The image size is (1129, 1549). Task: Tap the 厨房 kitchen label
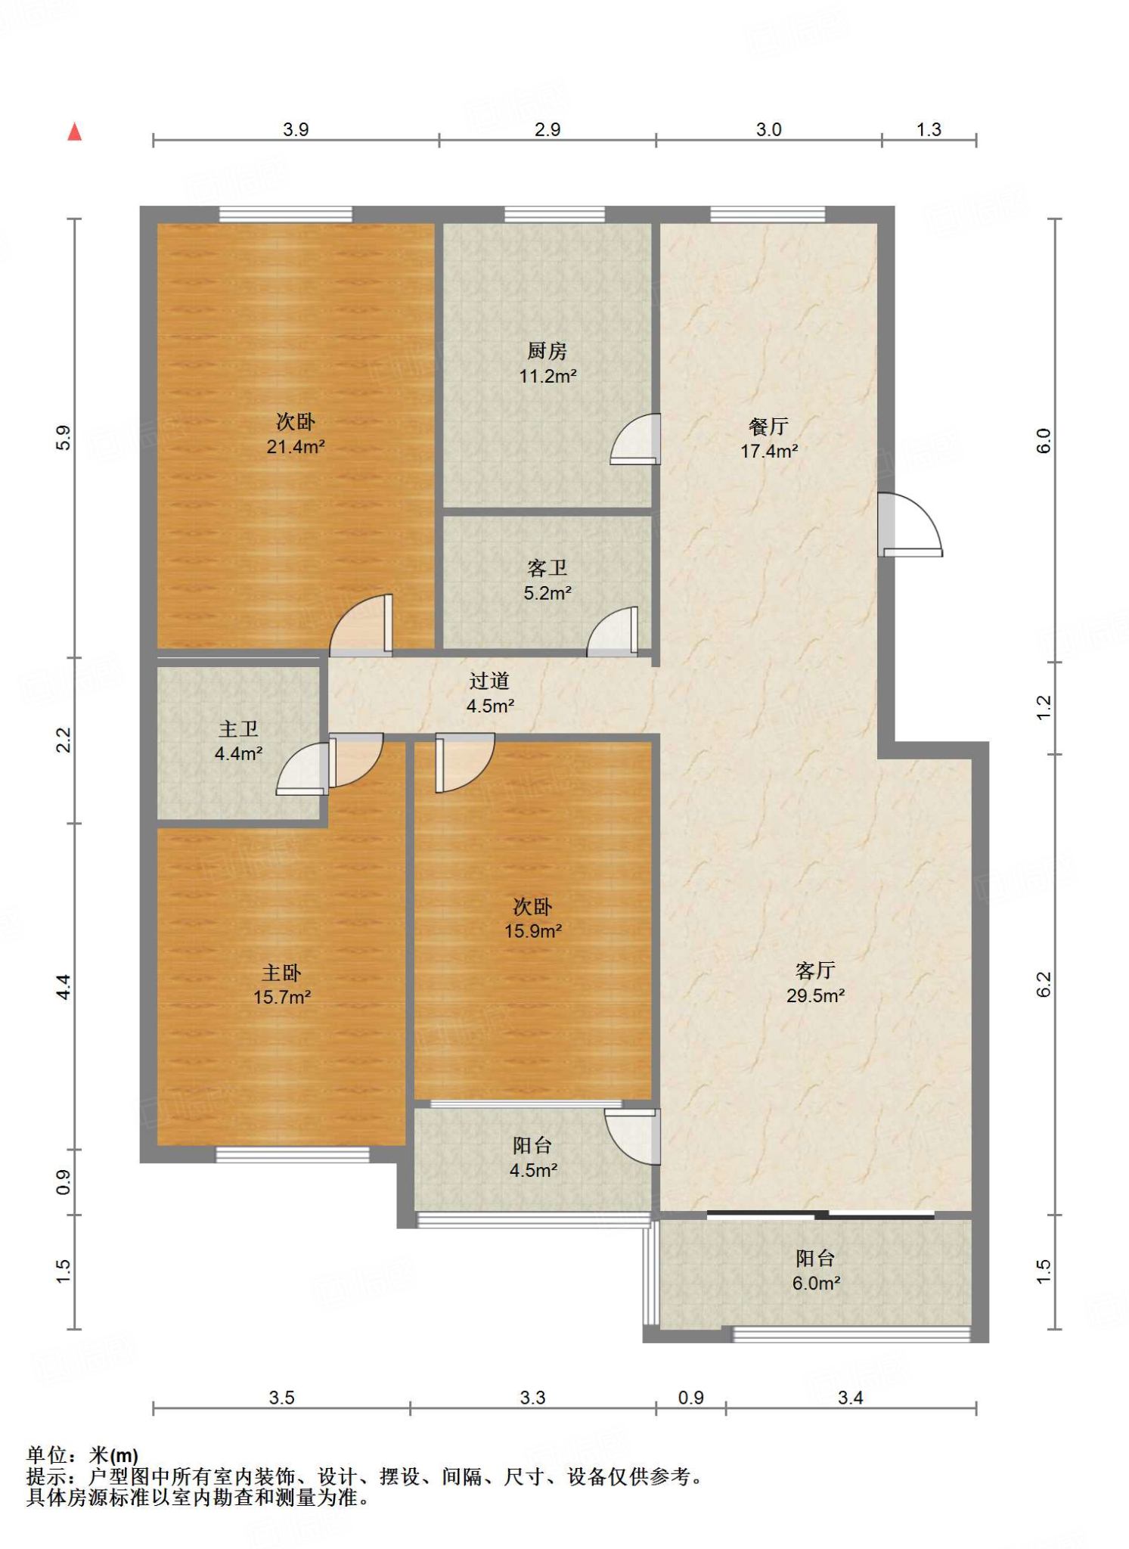tap(547, 351)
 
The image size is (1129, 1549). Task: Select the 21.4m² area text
tap(296, 446)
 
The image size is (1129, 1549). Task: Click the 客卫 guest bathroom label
tap(547, 568)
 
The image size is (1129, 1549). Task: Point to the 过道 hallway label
tap(489, 681)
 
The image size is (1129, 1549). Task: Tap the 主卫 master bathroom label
tap(238, 729)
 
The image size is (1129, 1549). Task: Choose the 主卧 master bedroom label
tap(281, 973)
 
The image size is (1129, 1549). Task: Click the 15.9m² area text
tap(533, 931)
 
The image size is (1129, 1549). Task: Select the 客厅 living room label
tap(815, 970)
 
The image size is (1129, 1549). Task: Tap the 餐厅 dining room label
tap(768, 427)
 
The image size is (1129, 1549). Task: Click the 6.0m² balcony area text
tap(817, 1283)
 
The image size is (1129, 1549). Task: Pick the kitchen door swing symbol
tap(635, 439)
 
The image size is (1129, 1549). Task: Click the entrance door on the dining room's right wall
tap(910, 525)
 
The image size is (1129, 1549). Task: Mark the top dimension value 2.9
tap(547, 129)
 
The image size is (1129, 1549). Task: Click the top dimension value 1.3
tap(929, 129)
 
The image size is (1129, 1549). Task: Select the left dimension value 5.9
tap(64, 439)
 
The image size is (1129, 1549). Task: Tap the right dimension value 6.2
tap(1044, 984)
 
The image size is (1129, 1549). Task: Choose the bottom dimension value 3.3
tap(532, 1397)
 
